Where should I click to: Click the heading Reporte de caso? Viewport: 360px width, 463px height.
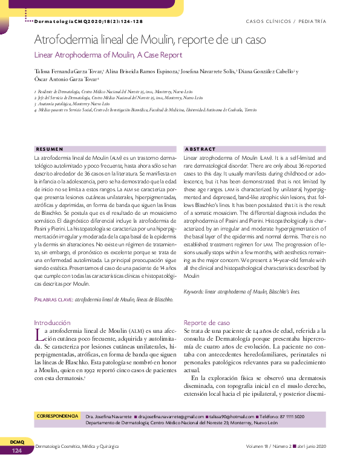[x=207, y=323]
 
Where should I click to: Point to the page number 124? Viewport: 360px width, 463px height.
[x=16, y=451]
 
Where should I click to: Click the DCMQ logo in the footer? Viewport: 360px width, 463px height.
[x=16, y=442]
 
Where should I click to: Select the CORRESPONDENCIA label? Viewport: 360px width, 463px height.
[x=58, y=416]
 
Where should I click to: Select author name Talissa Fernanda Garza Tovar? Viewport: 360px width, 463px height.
[x=68, y=70]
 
